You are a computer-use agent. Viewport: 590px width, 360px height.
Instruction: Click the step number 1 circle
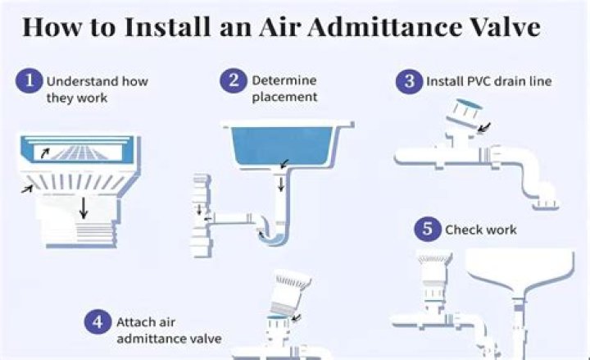[x=30, y=80]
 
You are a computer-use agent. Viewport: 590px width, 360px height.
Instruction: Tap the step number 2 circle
[x=234, y=80]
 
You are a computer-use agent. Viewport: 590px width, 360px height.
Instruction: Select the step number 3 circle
[x=407, y=81]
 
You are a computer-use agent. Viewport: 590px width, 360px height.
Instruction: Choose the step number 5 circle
[x=427, y=230]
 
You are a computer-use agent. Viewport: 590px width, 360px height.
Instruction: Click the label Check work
[x=481, y=230]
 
